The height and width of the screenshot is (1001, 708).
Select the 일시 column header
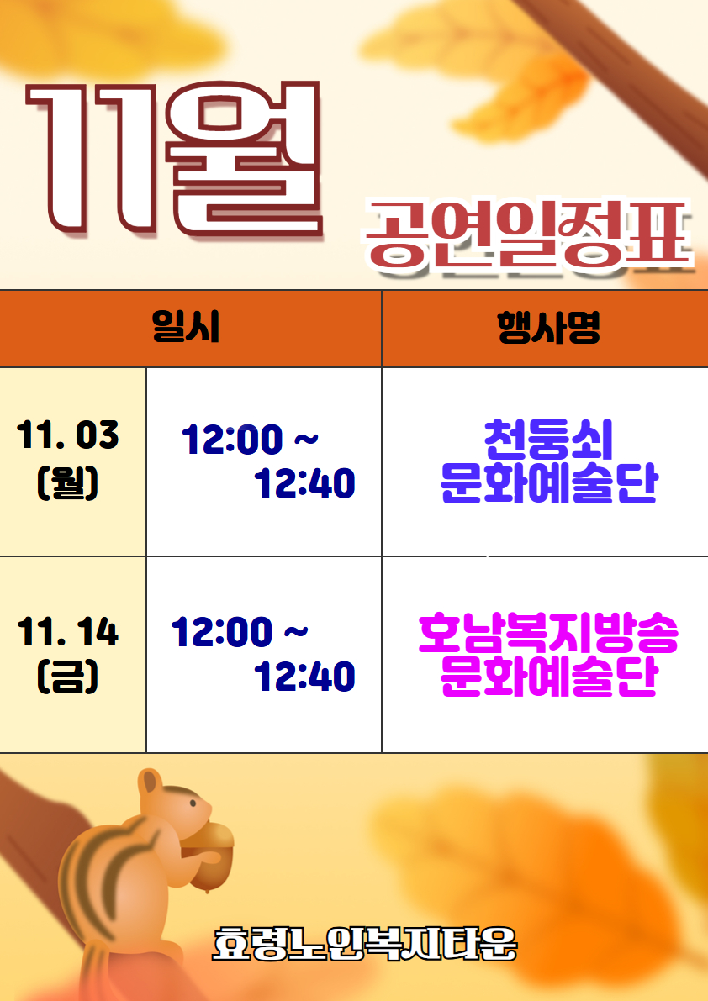point(186,327)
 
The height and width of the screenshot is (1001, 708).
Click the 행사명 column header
point(548,327)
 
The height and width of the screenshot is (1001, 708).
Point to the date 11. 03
point(68,435)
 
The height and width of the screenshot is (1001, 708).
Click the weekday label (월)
point(68,483)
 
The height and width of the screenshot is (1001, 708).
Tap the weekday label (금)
point(68,677)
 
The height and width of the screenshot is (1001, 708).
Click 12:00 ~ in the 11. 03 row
point(250,440)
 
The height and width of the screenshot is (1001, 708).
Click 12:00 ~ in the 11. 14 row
point(240,632)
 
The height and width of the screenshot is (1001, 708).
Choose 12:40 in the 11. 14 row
point(304,677)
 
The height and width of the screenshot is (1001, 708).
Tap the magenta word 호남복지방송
point(548,635)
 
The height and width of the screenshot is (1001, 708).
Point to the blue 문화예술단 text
point(548,484)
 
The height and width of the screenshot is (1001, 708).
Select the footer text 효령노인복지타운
point(364,945)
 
